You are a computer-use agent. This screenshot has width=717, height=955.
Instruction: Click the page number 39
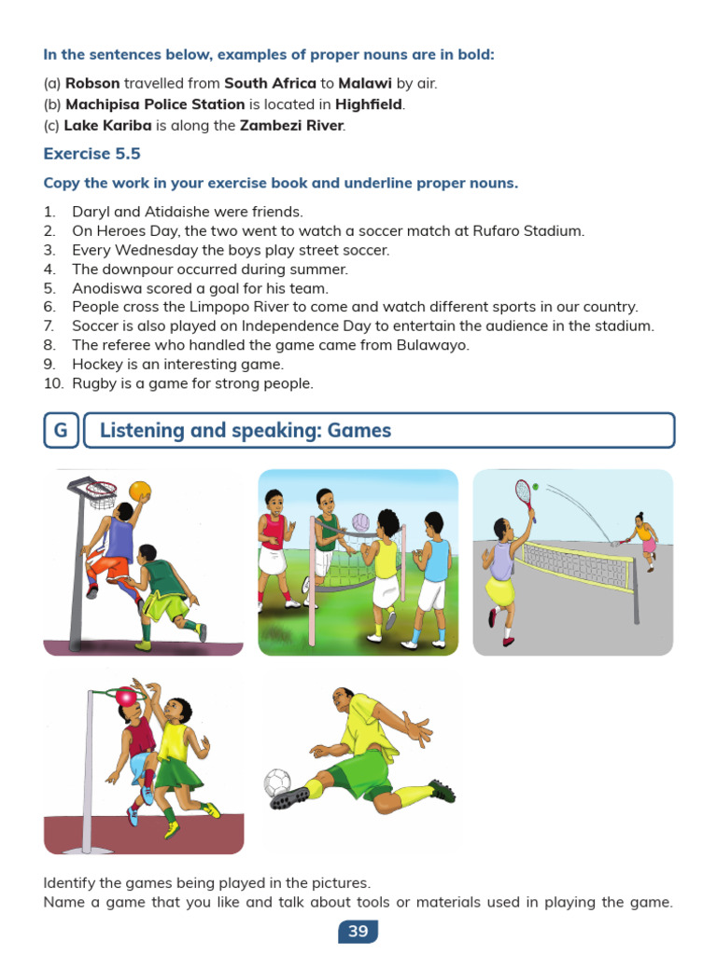pyautogui.click(x=358, y=931)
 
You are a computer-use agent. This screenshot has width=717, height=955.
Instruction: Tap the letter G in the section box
pyautogui.click(x=61, y=431)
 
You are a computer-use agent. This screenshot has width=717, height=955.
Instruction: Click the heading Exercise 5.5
pyautogui.click(x=92, y=154)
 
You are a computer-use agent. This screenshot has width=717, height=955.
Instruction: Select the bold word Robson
pyautogui.click(x=92, y=83)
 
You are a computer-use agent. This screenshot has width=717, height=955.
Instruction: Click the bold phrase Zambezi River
pyautogui.click(x=291, y=126)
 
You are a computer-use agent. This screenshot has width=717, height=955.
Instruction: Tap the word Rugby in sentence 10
pyautogui.click(x=92, y=383)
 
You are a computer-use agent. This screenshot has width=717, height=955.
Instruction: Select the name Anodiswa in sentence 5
pyautogui.click(x=105, y=288)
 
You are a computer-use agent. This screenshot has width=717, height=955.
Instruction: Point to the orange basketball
pyautogui.click(x=139, y=491)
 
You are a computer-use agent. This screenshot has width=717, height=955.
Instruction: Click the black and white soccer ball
pyautogui.click(x=277, y=782)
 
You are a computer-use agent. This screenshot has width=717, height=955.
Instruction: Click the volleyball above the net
pyautogui.click(x=361, y=522)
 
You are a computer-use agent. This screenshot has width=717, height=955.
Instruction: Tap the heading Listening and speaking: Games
pyautogui.click(x=246, y=431)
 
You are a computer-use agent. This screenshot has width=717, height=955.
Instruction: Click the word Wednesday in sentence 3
pyautogui.click(x=147, y=250)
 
